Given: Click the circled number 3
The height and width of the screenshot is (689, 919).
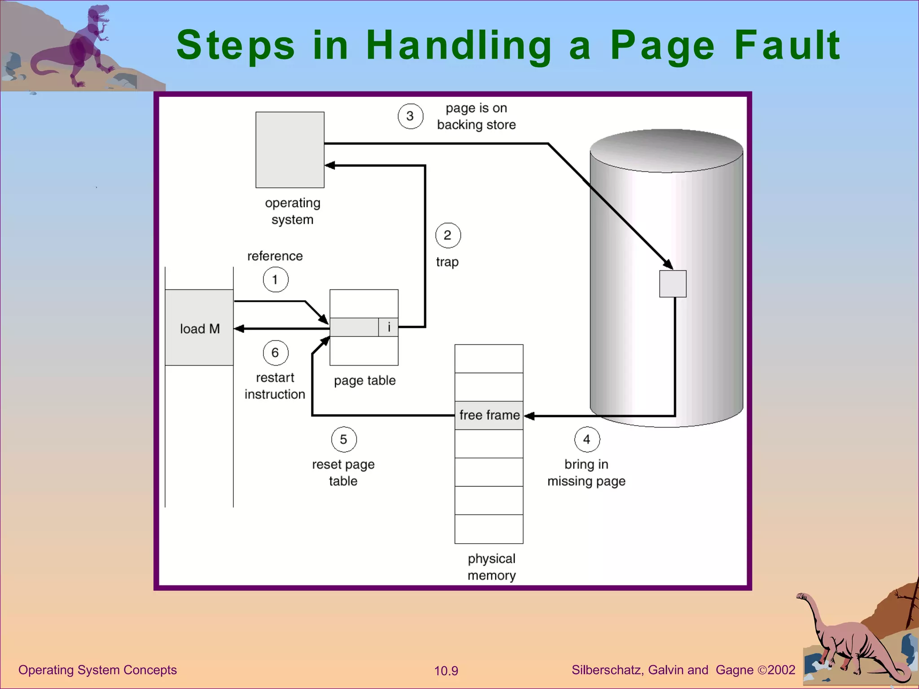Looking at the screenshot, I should click(410, 116).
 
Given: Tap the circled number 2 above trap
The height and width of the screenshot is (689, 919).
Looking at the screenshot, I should click(448, 235).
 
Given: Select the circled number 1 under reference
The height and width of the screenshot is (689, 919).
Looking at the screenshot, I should click(276, 279).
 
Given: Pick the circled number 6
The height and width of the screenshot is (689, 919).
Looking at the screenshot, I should click(276, 353).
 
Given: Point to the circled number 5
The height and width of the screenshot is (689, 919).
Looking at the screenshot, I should click(344, 440).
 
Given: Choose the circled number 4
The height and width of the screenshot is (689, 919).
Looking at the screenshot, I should click(587, 440).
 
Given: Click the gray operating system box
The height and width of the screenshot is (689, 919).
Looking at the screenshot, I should click(290, 150).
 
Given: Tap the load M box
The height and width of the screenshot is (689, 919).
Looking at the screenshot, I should click(199, 328).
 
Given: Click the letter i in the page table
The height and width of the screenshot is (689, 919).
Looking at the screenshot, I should click(389, 327).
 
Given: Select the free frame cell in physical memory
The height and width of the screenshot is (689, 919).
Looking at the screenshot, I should click(489, 415).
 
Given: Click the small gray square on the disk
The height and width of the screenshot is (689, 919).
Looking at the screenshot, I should click(673, 283).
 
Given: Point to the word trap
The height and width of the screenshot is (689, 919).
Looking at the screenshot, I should click(447, 262).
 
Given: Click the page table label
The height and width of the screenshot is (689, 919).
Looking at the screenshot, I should click(364, 381).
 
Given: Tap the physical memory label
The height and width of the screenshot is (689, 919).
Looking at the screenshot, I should click(491, 567).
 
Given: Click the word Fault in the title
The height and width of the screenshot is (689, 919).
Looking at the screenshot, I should click(787, 45).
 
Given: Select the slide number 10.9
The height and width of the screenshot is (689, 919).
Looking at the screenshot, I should click(446, 671).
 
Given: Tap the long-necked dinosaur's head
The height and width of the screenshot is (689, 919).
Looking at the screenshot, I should click(801, 596).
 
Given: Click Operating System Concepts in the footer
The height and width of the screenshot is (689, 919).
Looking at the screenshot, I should click(97, 670).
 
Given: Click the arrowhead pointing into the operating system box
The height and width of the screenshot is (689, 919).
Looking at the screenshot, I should click(330, 166).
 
